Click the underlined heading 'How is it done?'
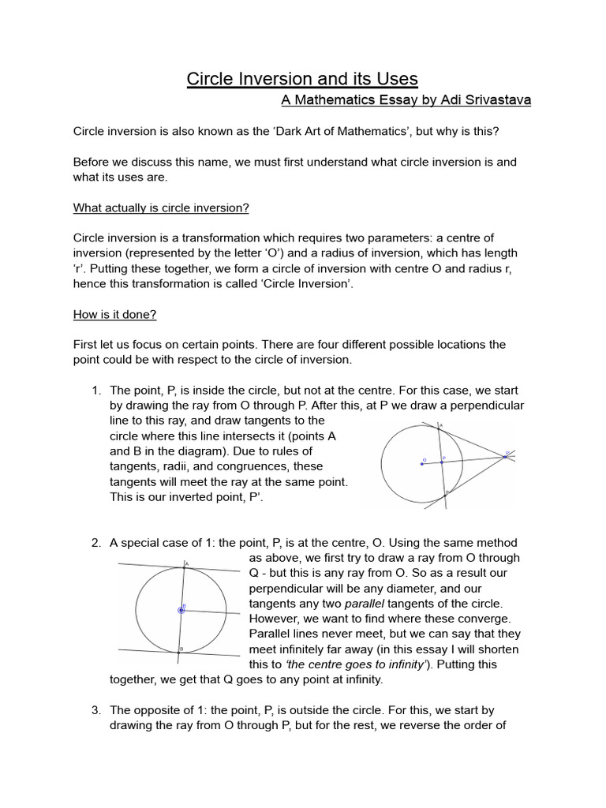tap(115, 314)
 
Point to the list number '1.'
tap(97, 390)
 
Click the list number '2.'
tap(97, 543)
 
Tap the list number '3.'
tap(97, 710)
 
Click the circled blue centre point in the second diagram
tap(182, 609)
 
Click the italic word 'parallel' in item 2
tap(367, 604)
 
